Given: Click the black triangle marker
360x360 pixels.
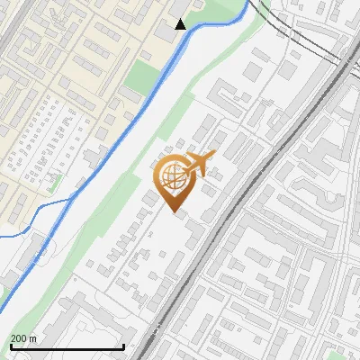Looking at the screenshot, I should [x=181, y=24].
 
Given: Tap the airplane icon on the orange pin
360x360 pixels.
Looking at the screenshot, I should [x=197, y=165].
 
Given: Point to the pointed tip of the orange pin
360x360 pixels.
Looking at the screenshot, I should [x=173, y=211].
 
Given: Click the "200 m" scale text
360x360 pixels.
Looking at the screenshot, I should [x=23, y=338].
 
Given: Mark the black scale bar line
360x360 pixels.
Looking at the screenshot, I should [x=67, y=347].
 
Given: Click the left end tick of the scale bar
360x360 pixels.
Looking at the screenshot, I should [x=10, y=346].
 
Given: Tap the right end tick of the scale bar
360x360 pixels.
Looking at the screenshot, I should [x=123, y=346].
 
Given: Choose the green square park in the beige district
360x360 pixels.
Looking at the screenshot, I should [x=140, y=76].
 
